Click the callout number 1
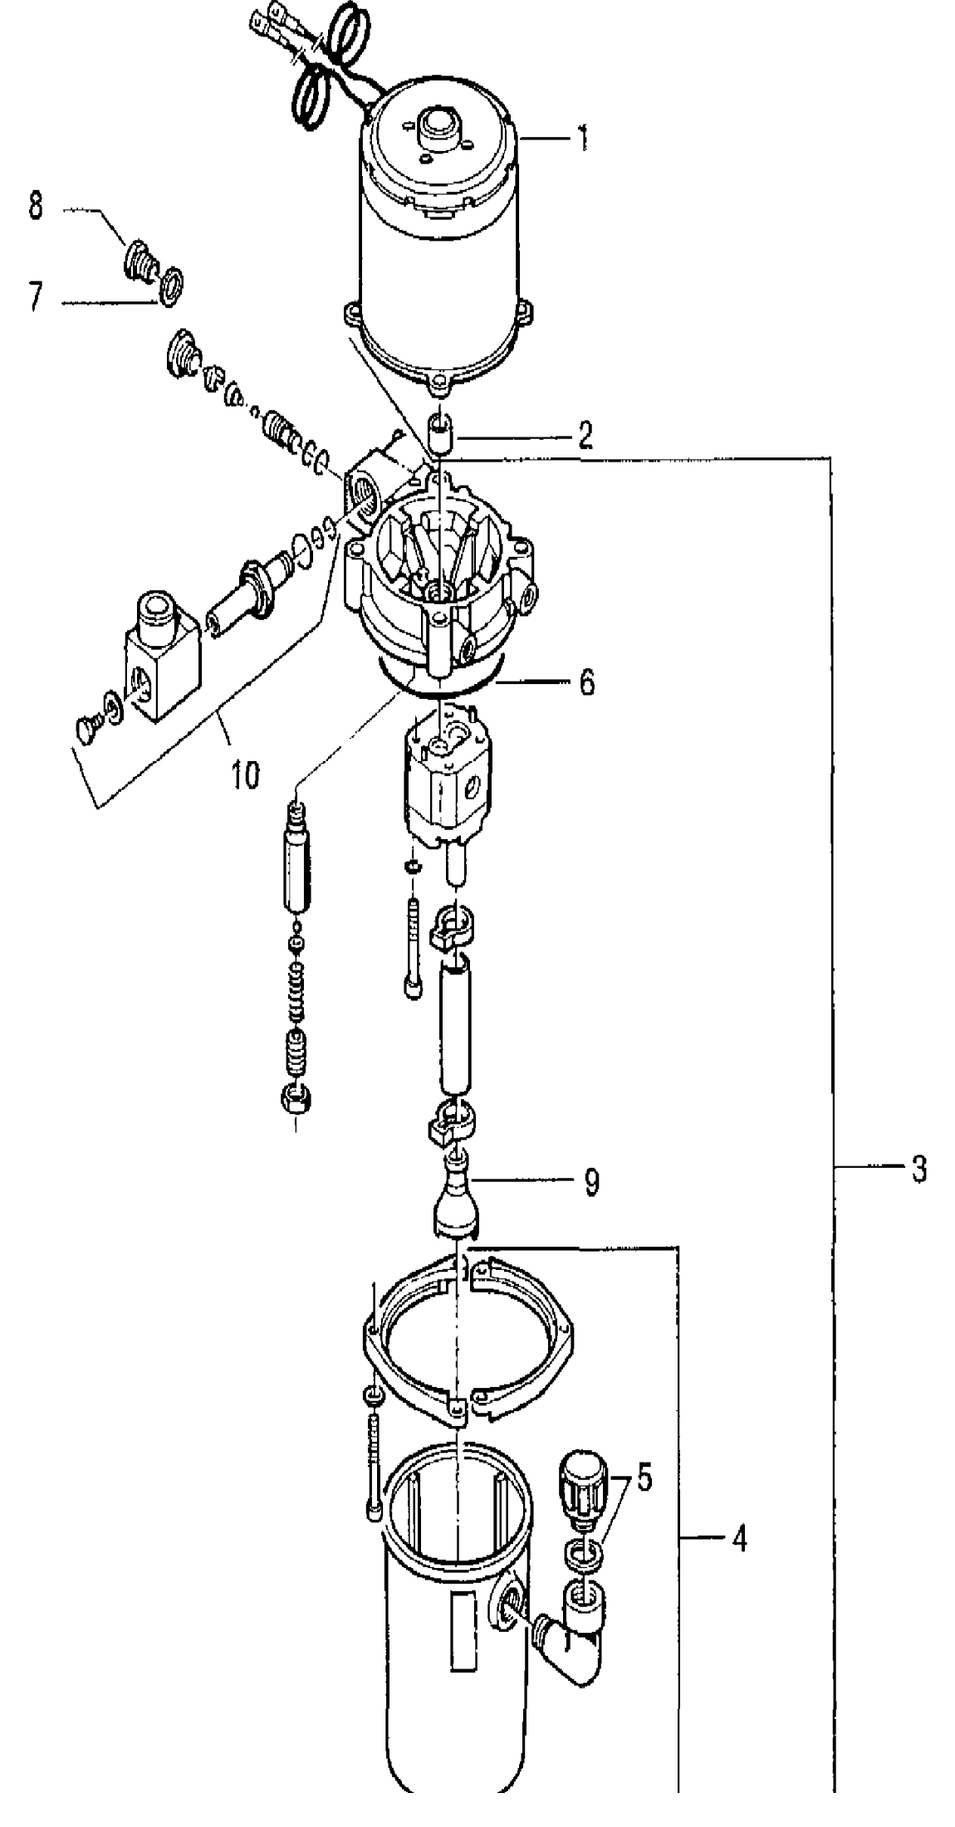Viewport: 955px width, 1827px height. click(583, 137)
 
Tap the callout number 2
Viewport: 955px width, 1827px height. click(585, 435)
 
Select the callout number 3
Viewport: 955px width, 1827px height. click(918, 1170)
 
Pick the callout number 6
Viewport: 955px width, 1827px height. click(586, 683)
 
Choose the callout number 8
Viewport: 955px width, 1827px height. click(36, 205)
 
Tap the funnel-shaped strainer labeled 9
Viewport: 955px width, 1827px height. click(458, 1196)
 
